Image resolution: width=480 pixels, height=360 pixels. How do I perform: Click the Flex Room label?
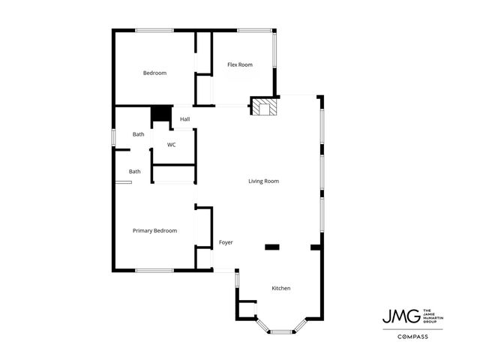[x=240, y=65]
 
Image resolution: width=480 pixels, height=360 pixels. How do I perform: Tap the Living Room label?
[x=264, y=181]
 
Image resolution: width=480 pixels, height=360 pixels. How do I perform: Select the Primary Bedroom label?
[x=154, y=231]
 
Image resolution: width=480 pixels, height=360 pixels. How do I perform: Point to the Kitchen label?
[x=281, y=289]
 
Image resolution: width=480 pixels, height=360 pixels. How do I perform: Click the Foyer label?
[x=226, y=243]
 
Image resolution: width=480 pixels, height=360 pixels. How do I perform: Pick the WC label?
[x=172, y=145]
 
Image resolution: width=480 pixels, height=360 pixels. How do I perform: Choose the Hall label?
[x=184, y=119]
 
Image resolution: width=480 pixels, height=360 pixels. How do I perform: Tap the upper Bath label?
[x=139, y=134]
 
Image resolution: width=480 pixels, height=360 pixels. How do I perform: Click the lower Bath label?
[x=135, y=172]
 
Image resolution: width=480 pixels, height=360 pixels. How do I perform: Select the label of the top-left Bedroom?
[x=154, y=73]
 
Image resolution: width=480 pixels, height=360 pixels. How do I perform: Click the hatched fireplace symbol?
[x=262, y=108]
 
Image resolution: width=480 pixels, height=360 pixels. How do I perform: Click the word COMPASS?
[x=412, y=337]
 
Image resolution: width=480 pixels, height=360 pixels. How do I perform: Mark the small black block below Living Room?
[x=271, y=246]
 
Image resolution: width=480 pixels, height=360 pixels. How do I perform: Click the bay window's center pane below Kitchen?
[x=282, y=331]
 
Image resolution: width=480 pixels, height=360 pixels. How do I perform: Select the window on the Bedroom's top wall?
[x=155, y=31]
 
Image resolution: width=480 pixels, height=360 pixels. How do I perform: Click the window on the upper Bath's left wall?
[x=114, y=138]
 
